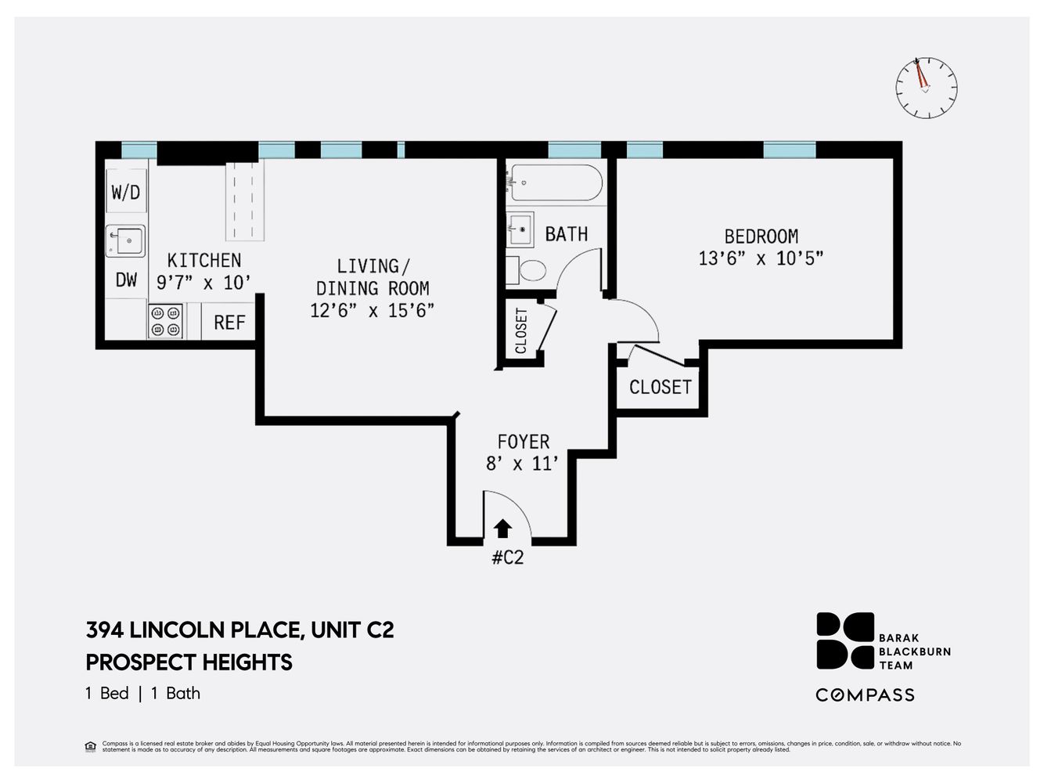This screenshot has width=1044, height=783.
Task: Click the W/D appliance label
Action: click(126, 192)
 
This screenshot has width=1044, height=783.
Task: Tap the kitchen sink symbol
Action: click(126, 241)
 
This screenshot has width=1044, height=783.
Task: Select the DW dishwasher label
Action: click(126, 280)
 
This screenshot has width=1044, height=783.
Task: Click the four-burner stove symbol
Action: click(166, 321)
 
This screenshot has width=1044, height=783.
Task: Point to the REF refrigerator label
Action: click(229, 323)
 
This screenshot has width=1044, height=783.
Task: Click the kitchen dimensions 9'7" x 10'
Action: click(203, 283)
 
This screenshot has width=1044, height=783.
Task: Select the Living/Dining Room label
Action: click(372, 277)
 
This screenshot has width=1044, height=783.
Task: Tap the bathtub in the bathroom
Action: click(554, 182)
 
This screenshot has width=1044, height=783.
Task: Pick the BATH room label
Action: click(566, 234)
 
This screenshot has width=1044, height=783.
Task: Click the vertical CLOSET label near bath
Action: click(521, 330)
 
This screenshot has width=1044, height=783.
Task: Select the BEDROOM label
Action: click(761, 236)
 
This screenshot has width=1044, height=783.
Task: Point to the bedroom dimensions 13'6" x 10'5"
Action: click(761, 258)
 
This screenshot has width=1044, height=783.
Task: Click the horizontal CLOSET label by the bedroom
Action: click(660, 387)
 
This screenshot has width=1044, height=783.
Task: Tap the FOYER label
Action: click(523, 442)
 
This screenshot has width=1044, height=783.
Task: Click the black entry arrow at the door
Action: click(502, 529)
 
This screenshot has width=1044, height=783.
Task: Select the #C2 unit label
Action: click(507, 558)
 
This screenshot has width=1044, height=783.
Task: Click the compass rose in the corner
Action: click(926, 88)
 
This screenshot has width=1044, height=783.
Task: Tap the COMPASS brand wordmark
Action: click(865, 695)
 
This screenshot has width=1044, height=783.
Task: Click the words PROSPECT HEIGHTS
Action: click(189, 662)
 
